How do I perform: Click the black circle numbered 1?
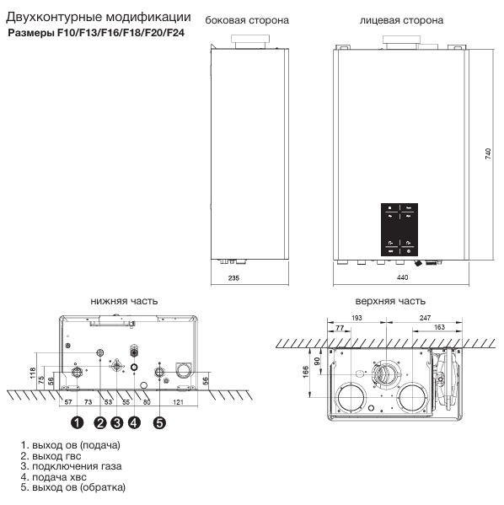coord(76,421)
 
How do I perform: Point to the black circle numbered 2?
coord(100,421)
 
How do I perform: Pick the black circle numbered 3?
coord(116,421)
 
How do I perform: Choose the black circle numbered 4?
coord(134,421)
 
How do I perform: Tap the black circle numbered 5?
coord(159,421)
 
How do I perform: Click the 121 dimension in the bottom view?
coord(178,403)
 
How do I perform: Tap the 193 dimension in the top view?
coord(357,317)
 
